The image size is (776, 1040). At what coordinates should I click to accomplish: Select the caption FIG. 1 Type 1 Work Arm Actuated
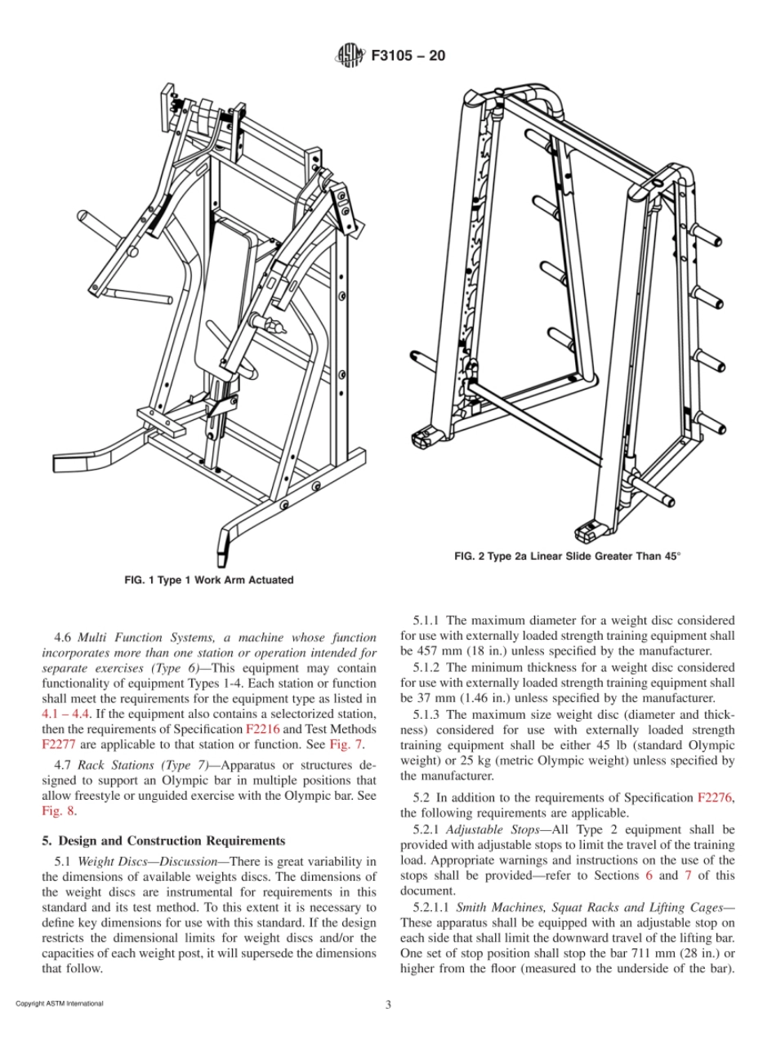(208, 580)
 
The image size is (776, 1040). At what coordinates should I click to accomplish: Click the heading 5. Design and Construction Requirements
(163, 840)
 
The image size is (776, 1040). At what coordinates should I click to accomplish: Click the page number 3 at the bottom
(388, 1004)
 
